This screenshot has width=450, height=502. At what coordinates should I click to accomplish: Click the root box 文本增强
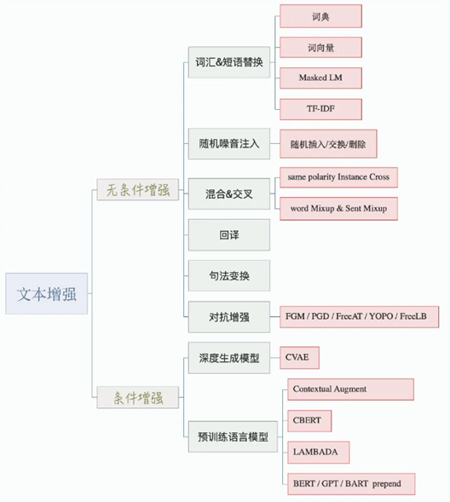pyautogui.click(x=46, y=293)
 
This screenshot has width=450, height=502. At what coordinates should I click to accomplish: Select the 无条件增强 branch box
pyautogui.click(x=137, y=190)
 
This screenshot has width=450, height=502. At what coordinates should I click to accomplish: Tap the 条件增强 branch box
pyautogui.click(x=137, y=397)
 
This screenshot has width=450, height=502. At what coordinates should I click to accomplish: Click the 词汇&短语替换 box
pyautogui.click(x=229, y=62)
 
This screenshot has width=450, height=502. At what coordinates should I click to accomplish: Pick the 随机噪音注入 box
pyautogui.click(x=229, y=144)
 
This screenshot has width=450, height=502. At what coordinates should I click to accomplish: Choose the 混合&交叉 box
pyautogui.click(x=229, y=194)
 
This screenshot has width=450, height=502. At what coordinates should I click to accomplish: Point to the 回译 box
pyautogui.click(x=229, y=235)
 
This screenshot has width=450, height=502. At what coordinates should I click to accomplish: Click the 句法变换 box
pyautogui.click(x=229, y=275)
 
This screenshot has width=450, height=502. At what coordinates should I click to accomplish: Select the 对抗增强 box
pyautogui.click(x=229, y=317)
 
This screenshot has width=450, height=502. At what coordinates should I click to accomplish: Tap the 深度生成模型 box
pyautogui.click(x=229, y=358)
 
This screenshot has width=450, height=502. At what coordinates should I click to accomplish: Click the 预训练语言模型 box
pyautogui.click(x=233, y=436)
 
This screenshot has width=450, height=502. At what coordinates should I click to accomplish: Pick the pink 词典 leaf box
pyautogui.click(x=321, y=16)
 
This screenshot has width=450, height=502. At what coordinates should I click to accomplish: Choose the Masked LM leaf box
pyautogui.click(x=321, y=78)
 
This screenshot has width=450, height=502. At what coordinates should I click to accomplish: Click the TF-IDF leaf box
pyautogui.click(x=321, y=109)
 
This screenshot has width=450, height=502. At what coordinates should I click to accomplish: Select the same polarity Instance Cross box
pyautogui.click(x=338, y=177)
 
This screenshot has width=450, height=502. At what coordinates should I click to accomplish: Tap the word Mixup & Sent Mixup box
pyautogui.click(x=338, y=209)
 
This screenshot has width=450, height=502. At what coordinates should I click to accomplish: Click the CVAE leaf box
pyautogui.click(x=299, y=358)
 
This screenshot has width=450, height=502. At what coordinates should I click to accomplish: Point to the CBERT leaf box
pyautogui.click(x=309, y=421)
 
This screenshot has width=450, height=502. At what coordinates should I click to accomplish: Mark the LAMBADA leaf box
pyautogui.click(x=319, y=452)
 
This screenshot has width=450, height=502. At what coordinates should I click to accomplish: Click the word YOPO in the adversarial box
pyautogui.click(x=381, y=316)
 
